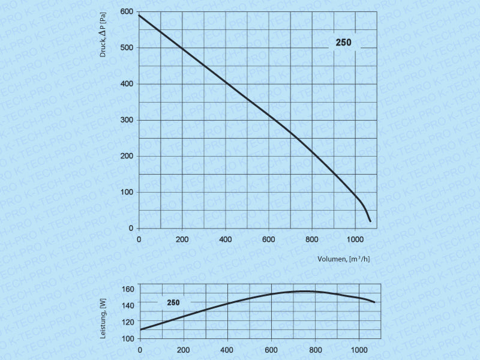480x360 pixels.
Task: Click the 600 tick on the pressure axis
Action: point(126,12)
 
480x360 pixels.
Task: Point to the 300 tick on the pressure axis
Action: point(126,120)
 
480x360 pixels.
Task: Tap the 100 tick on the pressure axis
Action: point(126,192)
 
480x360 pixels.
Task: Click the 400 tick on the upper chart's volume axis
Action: point(226,240)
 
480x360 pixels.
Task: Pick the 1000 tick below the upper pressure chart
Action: point(355,240)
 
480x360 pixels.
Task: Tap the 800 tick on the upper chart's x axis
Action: point(312,240)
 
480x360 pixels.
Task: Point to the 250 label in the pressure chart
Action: point(343,43)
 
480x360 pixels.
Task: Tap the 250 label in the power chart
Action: point(173,302)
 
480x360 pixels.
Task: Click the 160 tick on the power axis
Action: point(129,289)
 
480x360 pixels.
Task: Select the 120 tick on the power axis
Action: point(129,322)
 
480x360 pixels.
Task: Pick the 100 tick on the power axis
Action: point(129,338)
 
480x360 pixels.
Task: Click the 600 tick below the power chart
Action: point(271,350)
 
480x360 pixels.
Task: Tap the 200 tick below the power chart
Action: point(184,350)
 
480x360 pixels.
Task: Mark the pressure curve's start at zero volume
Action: point(139,16)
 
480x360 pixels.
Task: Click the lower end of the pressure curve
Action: point(370,221)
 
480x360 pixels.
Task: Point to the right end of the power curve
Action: point(375,302)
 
